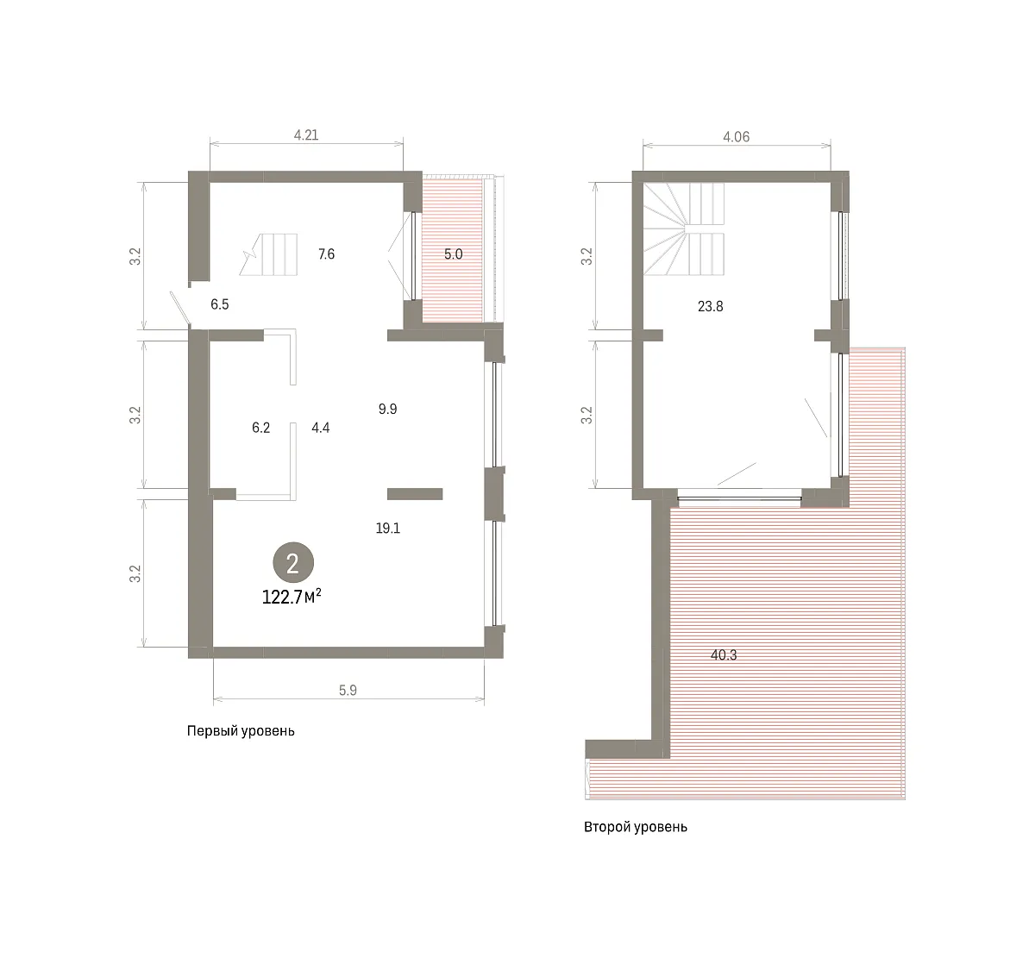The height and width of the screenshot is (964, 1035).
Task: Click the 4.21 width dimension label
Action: coord(306,135)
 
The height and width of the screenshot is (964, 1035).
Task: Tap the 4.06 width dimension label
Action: coord(736,136)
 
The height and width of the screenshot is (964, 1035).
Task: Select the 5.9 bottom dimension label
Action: coord(348,690)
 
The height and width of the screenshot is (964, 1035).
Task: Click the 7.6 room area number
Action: coord(326,254)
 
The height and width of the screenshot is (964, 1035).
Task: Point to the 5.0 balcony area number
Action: coord(453,254)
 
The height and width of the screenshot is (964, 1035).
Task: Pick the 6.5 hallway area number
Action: coord(219,304)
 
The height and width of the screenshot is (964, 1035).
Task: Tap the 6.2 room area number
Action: coord(260,428)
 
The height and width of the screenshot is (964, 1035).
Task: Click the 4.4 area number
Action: coord(321,428)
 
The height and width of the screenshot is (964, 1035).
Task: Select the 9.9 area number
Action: coord(388,409)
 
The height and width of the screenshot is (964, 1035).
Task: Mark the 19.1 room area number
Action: coord(388,528)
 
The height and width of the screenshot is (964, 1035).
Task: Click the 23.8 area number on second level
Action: coord(711,306)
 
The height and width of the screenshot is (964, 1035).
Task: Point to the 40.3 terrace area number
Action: coord(724,654)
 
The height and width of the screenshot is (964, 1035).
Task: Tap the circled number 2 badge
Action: coord(293,563)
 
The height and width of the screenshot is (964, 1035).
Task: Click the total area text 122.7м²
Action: coord(292,596)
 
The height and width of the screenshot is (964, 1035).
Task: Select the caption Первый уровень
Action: coord(241,731)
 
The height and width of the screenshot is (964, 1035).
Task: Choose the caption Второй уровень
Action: coord(636,827)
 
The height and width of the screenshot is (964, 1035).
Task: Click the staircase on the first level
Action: coord(268,254)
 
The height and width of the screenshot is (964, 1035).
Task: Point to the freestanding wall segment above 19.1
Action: coord(415,493)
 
